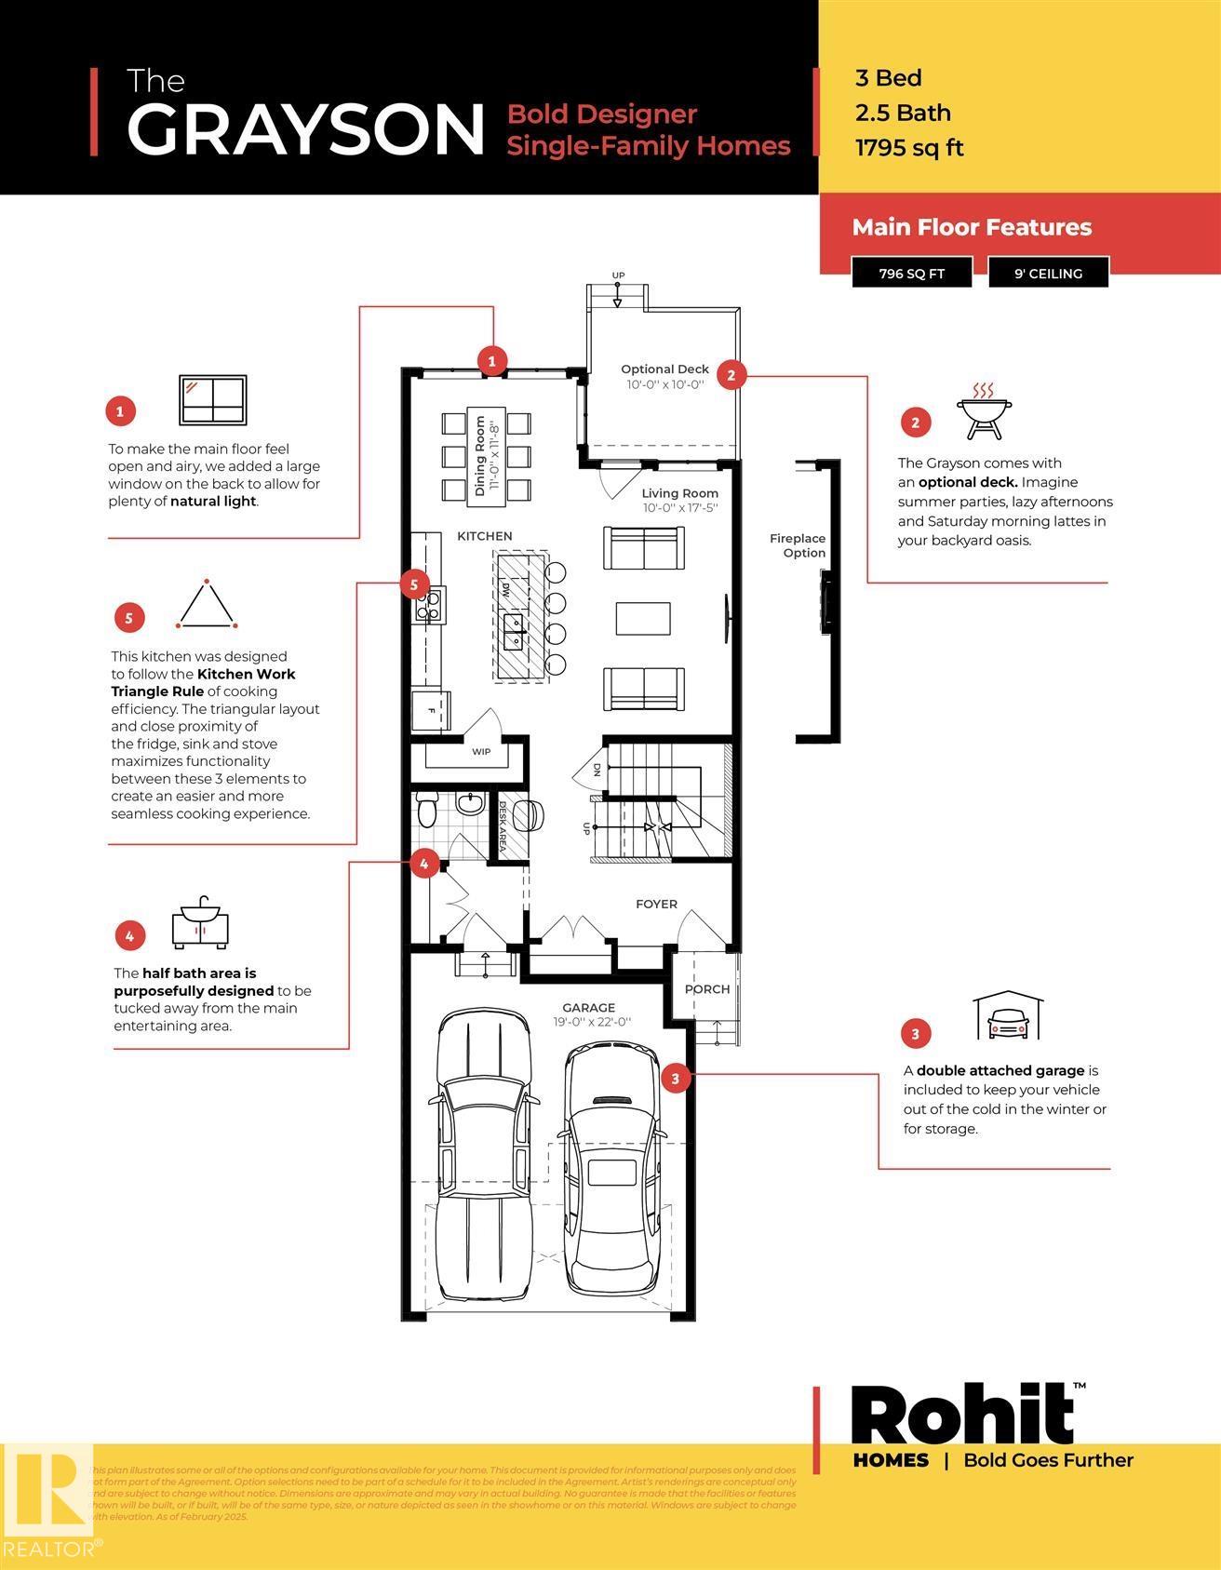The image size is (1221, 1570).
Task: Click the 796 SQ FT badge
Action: coord(912,274)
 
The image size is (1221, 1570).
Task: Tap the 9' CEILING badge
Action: coord(1048,274)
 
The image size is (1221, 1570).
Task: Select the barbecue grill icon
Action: coord(983,409)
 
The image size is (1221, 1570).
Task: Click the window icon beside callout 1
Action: coord(212,400)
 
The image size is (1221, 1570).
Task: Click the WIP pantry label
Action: coord(480,752)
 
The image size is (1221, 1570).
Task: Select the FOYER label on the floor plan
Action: coord(656,904)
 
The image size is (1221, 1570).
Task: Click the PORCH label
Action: coord(707,989)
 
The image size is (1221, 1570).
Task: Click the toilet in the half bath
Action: coord(427,810)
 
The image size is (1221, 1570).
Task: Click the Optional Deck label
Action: coord(664,369)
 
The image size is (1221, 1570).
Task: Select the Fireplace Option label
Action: coord(798,545)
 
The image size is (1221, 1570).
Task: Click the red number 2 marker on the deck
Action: coord(731,374)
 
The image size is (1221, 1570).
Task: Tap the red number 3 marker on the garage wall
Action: coord(675,1079)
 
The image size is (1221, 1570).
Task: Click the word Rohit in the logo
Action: coord(962,1415)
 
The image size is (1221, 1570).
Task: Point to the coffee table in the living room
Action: coord(643,618)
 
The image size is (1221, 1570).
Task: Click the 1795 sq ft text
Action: coord(909,148)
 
